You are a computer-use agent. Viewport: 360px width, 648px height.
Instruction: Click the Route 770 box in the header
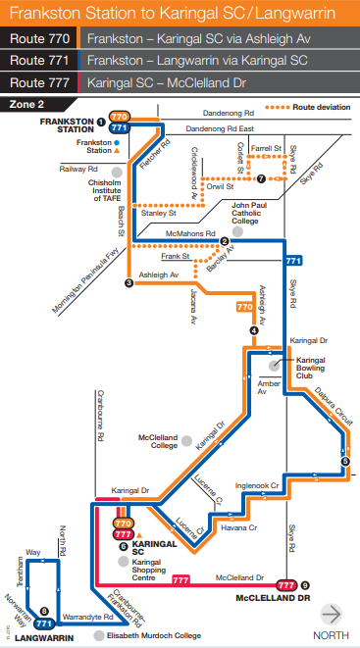click(x=40, y=39)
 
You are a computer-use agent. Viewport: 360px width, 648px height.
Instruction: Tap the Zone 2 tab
click(x=28, y=102)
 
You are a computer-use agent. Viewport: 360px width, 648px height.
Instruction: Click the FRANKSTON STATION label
click(x=58, y=125)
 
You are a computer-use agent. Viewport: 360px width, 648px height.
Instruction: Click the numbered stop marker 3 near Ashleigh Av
click(x=129, y=283)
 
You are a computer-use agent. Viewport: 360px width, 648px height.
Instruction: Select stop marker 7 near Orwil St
click(x=261, y=178)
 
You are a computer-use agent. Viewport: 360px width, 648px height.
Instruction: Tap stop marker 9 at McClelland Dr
click(x=305, y=584)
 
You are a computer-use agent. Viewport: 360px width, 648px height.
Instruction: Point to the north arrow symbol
click(x=333, y=615)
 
